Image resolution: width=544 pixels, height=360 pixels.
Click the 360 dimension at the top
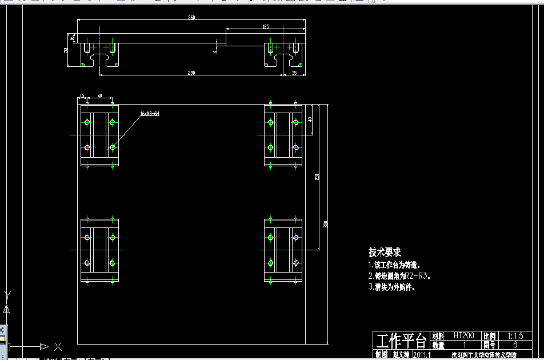(x=191, y=18)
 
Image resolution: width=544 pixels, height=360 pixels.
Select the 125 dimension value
(x=266, y=27)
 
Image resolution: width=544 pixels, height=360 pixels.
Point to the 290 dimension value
(x=191, y=73)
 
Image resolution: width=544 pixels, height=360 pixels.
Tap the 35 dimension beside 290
(x=294, y=73)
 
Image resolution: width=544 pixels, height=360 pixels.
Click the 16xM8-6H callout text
(x=149, y=114)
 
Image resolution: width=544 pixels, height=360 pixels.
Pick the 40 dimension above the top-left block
(x=100, y=96)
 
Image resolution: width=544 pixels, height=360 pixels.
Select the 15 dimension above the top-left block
(x=82, y=96)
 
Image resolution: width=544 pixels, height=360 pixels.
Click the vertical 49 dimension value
(x=309, y=119)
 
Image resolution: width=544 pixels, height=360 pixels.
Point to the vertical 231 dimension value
(x=317, y=178)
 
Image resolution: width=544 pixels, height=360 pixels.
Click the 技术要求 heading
(x=385, y=252)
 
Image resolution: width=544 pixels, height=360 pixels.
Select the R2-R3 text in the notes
(x=419, y=276)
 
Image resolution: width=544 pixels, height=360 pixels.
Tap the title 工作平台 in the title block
(x=401, y=341)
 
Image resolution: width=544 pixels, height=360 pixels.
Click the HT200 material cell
(x=464, y=336)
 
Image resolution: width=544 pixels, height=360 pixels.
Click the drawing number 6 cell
(x=515, y=345)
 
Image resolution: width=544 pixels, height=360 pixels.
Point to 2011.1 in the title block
(x=421, y=355)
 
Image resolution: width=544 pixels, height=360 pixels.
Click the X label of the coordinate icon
(x=58, y=346)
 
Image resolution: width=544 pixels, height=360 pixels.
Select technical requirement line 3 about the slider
(x=391, y=287)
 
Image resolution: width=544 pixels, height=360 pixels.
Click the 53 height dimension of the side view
(x=66, y=50)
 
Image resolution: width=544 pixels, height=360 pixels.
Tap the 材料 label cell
(x=438, y=336)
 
